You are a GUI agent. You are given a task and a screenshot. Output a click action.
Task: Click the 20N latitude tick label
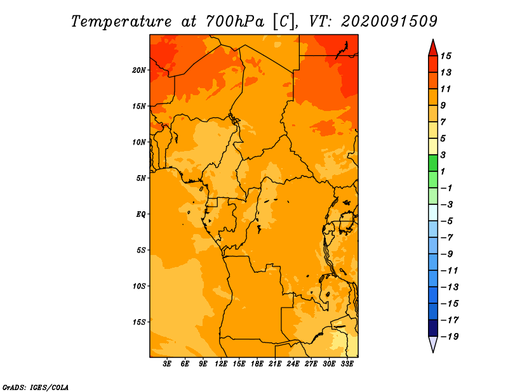[139, 70]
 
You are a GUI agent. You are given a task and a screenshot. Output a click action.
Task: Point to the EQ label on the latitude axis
[141, 214]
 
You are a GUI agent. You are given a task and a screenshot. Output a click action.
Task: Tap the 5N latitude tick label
[141, 178]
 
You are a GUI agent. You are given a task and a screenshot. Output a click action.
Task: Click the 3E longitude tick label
[167, 363]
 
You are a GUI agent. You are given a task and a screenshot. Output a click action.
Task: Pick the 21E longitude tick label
[275, 363]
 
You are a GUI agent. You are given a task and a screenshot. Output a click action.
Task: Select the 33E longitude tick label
[347, 363]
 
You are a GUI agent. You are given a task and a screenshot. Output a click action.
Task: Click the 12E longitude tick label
[221, 363]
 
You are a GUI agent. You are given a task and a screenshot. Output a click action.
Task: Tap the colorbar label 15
[446, 56]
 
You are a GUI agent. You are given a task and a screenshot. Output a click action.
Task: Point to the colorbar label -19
[450, 337]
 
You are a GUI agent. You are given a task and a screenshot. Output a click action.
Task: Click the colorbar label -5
[447, 221]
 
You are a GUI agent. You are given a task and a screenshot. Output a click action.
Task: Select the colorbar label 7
[443, 122]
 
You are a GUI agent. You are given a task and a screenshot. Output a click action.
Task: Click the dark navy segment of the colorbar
[433, 328]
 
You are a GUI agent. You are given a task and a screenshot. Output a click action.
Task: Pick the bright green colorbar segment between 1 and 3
[433, 163]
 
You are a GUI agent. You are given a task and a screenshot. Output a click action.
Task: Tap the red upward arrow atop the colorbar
[433, 48]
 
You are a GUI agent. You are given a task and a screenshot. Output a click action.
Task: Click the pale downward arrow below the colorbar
[433, 344]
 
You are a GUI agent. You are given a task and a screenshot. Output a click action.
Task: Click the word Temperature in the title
[121, 22]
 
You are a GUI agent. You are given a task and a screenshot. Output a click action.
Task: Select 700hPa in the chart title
[235, 22]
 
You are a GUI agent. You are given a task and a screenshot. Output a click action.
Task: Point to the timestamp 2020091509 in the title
[389, 22]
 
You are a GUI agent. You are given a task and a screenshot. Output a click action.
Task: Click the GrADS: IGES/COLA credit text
[36, 388]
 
